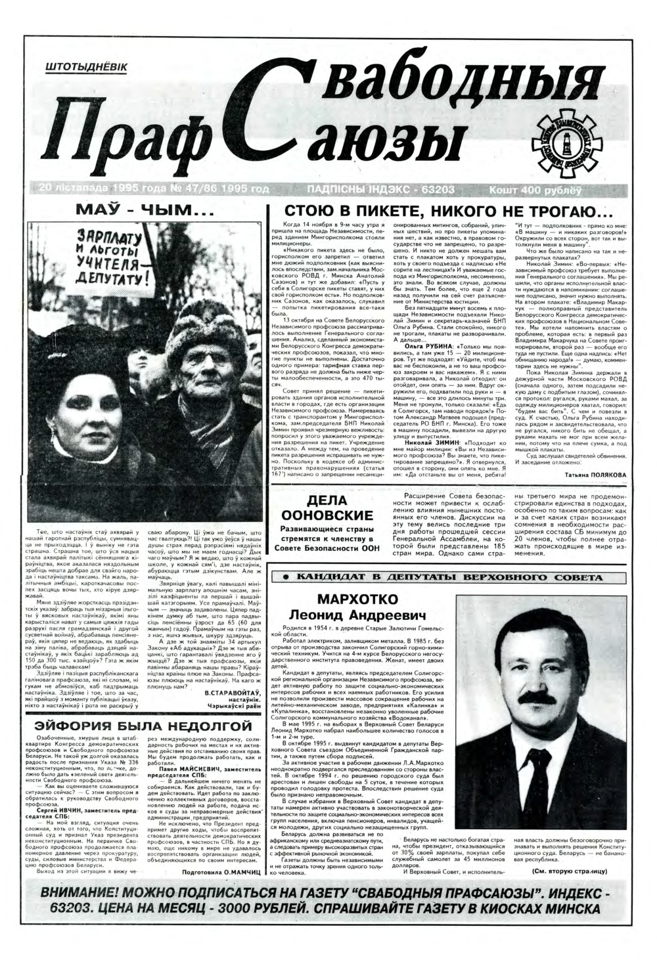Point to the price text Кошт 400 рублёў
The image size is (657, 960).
tap(535, 190)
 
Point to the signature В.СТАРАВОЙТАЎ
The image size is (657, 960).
tap(233, 693)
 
